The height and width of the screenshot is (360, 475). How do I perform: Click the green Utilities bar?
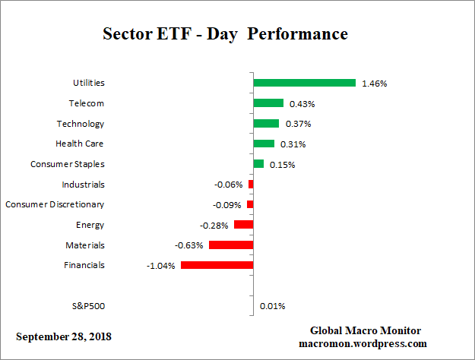(x=304, y=83)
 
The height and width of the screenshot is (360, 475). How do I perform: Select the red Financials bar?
(x=217, y=265)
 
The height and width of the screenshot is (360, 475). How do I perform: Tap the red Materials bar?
(x=230, y=245)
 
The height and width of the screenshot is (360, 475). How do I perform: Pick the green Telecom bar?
(x=268, y=103)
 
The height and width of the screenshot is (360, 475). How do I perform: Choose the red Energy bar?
(x=243, y=225)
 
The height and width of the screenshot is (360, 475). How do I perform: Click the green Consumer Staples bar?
(x=258, y=164)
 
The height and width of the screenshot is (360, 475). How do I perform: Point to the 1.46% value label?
(x=375, y=84)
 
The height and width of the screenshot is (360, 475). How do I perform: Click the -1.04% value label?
(x=161, y=266)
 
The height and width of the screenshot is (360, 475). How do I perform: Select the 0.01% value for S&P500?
(x=271, y=307)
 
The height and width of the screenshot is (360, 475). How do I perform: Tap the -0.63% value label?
(x=189, y=245)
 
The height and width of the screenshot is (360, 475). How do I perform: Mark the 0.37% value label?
(x=298, y=124)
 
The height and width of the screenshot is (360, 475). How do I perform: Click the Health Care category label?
(x=80, y=144)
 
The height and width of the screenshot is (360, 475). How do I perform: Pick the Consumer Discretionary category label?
(x=55, y=204)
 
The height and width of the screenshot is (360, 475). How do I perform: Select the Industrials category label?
(x=83, y=185)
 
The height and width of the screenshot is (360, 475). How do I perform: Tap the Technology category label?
(x=80, y=124)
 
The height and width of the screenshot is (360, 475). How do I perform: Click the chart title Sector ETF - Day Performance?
(x=225, y=35)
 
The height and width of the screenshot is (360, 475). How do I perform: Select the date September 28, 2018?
(x=68, y=336)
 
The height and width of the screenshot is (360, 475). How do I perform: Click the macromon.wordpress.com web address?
(x=365, y=343)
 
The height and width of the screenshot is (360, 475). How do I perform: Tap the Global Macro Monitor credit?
(x=365, y=330)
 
